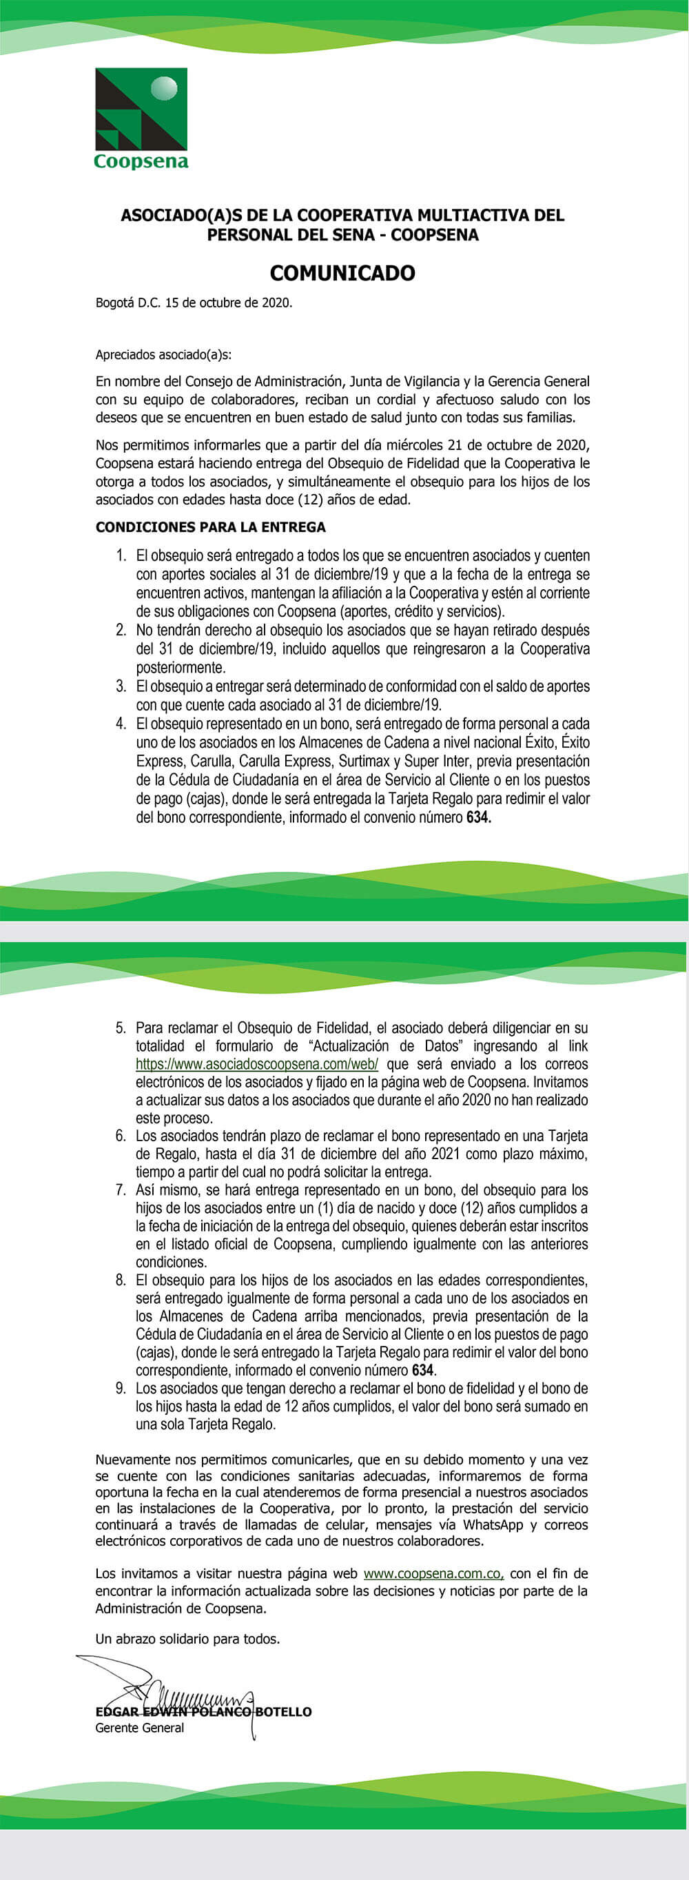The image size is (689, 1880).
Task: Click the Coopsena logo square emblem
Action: [141, 110]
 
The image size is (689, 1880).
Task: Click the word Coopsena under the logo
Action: [141, 161]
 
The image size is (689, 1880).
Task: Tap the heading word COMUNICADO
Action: [342, 273]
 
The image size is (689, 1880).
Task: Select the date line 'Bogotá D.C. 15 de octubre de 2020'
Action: [194, 303]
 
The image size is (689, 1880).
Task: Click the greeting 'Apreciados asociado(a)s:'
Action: [163, 356]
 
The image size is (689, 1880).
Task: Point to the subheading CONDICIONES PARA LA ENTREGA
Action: [210, 527]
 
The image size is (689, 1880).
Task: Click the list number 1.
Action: [121, 556]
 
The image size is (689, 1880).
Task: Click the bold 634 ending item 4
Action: [478, 818]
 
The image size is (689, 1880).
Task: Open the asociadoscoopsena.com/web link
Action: [256, 1064]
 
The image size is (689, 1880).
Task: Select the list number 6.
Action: [121, 1136]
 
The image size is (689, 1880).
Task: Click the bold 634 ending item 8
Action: [422, 1370]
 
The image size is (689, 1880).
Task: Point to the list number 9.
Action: [121, 1388]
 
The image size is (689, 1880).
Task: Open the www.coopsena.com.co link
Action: [433, 1573]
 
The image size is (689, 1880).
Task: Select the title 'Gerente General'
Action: [139, 1728]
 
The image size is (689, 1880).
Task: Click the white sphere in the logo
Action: [163, 89]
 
